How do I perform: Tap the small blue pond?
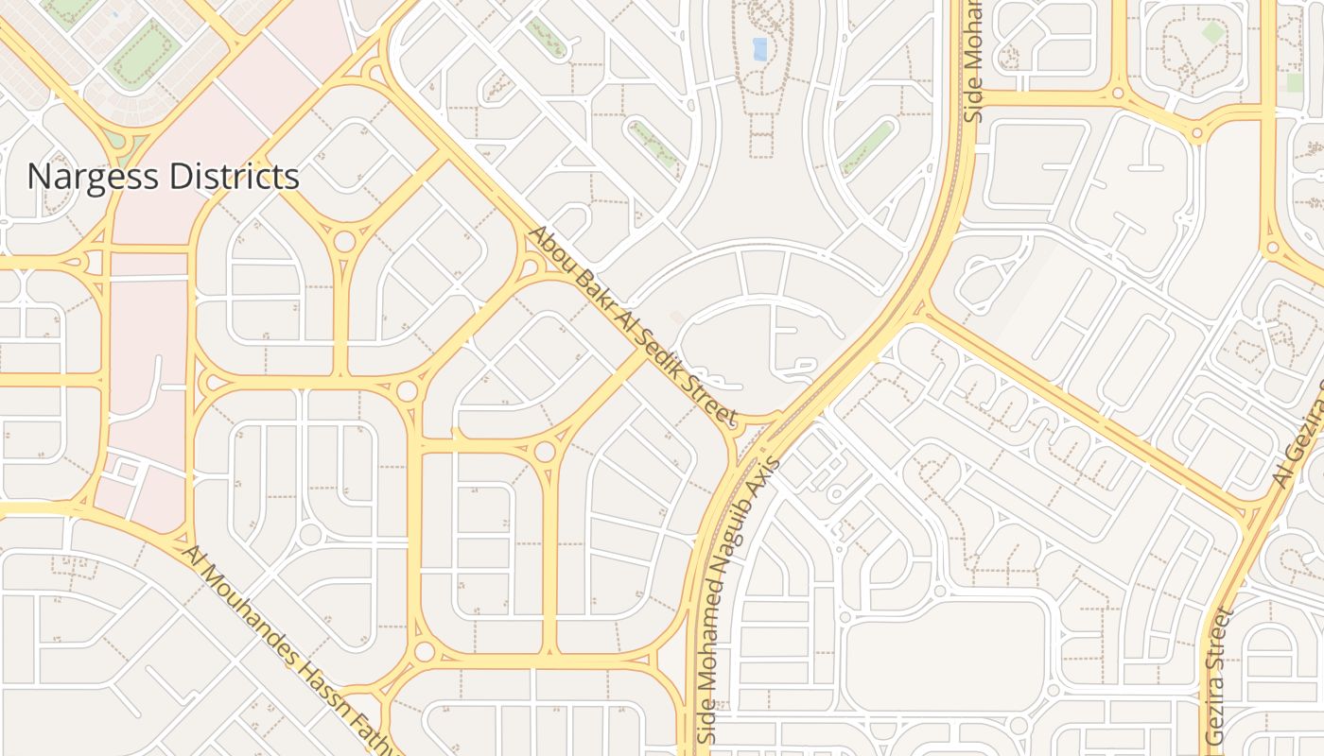tap(759, 48)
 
